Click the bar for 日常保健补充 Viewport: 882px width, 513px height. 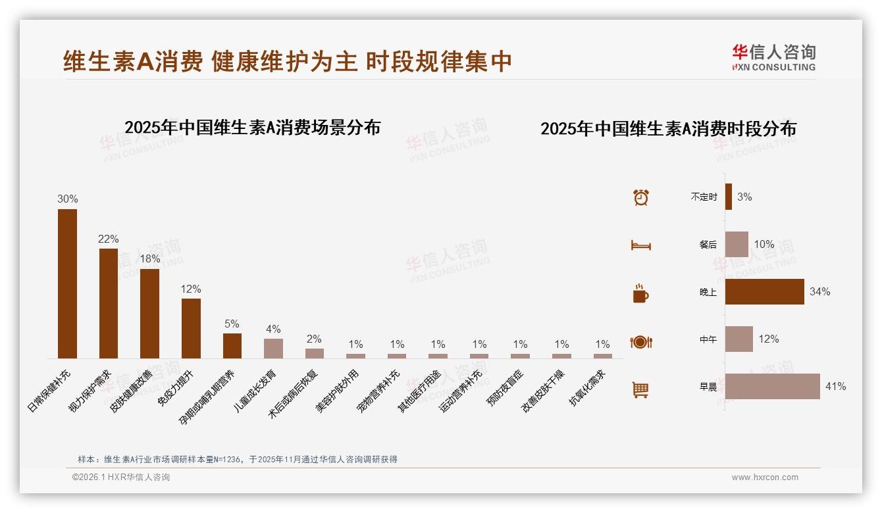point(67,283)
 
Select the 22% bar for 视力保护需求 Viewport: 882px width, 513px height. point(109,303)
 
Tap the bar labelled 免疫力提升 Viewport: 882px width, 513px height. point(191,328)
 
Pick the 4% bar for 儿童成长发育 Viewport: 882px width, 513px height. point(273,349)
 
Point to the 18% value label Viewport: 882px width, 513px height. point(149,259)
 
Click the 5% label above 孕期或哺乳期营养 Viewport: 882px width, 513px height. point(232,324)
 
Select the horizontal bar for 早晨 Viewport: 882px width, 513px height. point(772,387)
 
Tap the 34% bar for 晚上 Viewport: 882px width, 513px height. point(764,291)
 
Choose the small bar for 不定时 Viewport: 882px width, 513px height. point(728,197)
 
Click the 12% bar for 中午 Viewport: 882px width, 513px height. point(739,339)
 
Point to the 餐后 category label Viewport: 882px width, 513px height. point(708,245)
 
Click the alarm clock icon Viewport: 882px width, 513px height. point(640,197)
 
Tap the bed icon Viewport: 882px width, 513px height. point(640,245)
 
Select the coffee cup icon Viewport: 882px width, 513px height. point(640,293)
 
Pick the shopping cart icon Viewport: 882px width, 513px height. point(640,389)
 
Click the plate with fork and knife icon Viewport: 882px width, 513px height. point(640,342)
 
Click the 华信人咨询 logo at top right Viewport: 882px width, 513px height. point(773,58)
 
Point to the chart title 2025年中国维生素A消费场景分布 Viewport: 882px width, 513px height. point(252,128)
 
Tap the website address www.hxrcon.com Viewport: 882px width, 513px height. point(765,477)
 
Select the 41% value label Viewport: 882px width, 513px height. point(835,387)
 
